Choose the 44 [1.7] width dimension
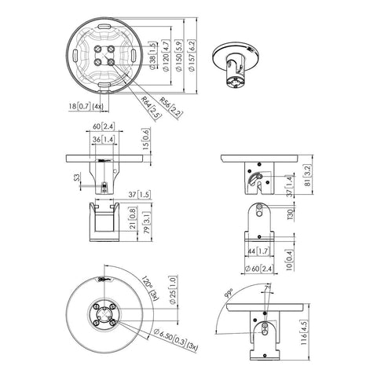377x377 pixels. (x=260, y=251)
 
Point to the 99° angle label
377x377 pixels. (x=229, y=295)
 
